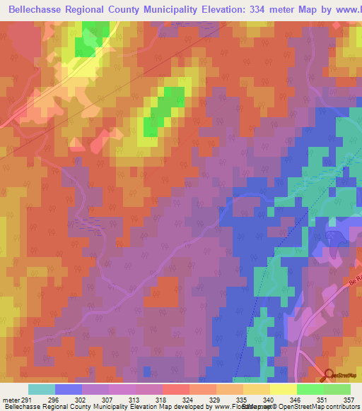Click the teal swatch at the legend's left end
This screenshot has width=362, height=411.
42,389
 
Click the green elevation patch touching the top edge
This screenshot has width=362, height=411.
93,37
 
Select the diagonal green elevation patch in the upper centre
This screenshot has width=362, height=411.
162,109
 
